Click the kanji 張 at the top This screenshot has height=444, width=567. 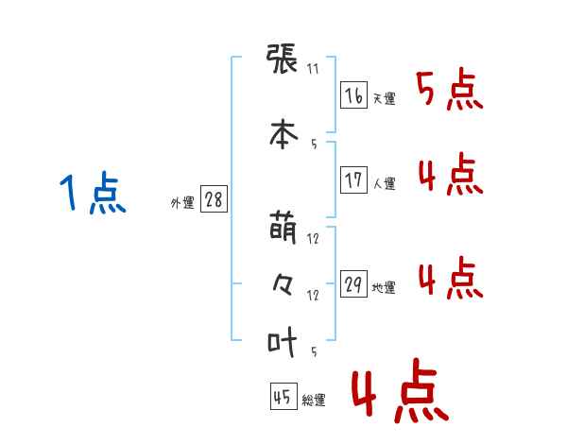point(282,59)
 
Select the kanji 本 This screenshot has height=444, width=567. point(283,135)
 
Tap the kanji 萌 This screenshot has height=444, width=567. point(283,228)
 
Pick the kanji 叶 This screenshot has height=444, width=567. point(282,342)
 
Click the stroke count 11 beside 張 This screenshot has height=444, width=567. point(313,69)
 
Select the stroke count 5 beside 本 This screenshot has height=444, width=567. point(314,145)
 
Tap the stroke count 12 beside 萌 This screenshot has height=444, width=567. point(313,239)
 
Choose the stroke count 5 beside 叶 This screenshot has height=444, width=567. point(314,351)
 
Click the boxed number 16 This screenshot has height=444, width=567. point(353,95)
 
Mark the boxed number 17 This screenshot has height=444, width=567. point(353,179)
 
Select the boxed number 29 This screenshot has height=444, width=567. point(353,283)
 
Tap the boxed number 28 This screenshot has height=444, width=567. point(214,199)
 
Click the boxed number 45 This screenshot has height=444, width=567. point(283,396)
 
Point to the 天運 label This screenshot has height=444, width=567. point(385,98)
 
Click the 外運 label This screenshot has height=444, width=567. point(182,202)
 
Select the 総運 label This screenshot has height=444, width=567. point(314,400)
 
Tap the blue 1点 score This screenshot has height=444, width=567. point(93,193)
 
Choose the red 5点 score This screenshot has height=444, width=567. point(450,89)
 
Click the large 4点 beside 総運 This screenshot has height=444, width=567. point(401,390)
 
